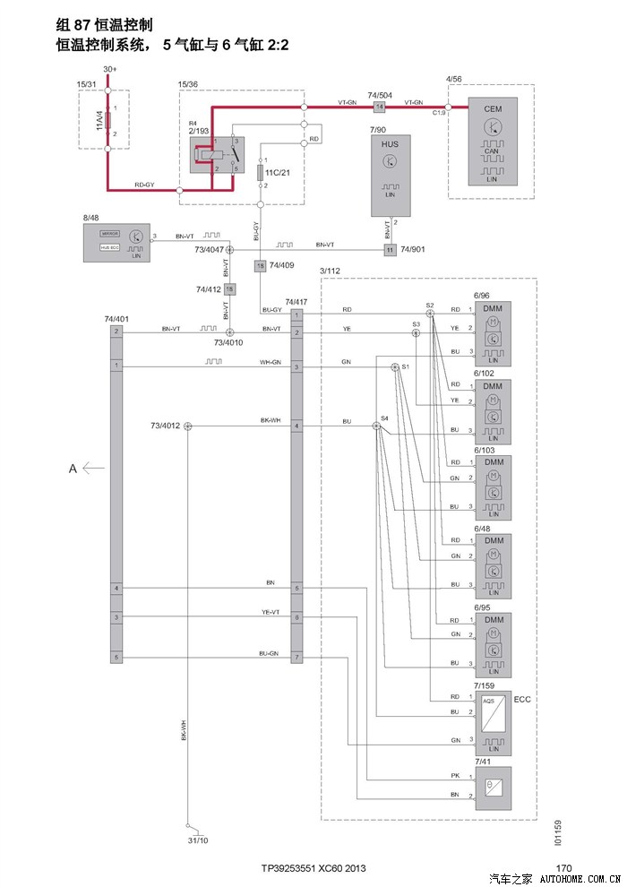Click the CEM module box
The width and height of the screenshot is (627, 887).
492,143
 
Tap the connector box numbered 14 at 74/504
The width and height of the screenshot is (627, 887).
378,107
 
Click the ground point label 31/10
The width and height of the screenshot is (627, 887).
198,840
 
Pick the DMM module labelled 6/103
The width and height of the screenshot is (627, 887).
493,488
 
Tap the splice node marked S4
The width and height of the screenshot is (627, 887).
377,426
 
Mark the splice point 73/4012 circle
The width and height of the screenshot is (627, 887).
188,426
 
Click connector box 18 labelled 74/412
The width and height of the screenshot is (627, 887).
229,289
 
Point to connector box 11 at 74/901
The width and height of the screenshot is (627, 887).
390,248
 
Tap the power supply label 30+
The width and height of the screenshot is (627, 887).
109,69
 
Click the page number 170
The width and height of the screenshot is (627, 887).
563,867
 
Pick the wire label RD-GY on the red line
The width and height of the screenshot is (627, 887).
144,185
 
